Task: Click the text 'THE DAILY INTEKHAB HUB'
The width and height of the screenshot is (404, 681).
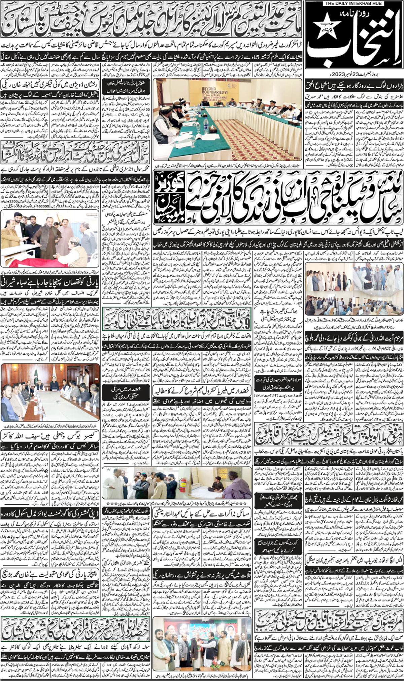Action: tap(354, 4)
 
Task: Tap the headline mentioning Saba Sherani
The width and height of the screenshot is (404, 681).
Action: tap(50, 280)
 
